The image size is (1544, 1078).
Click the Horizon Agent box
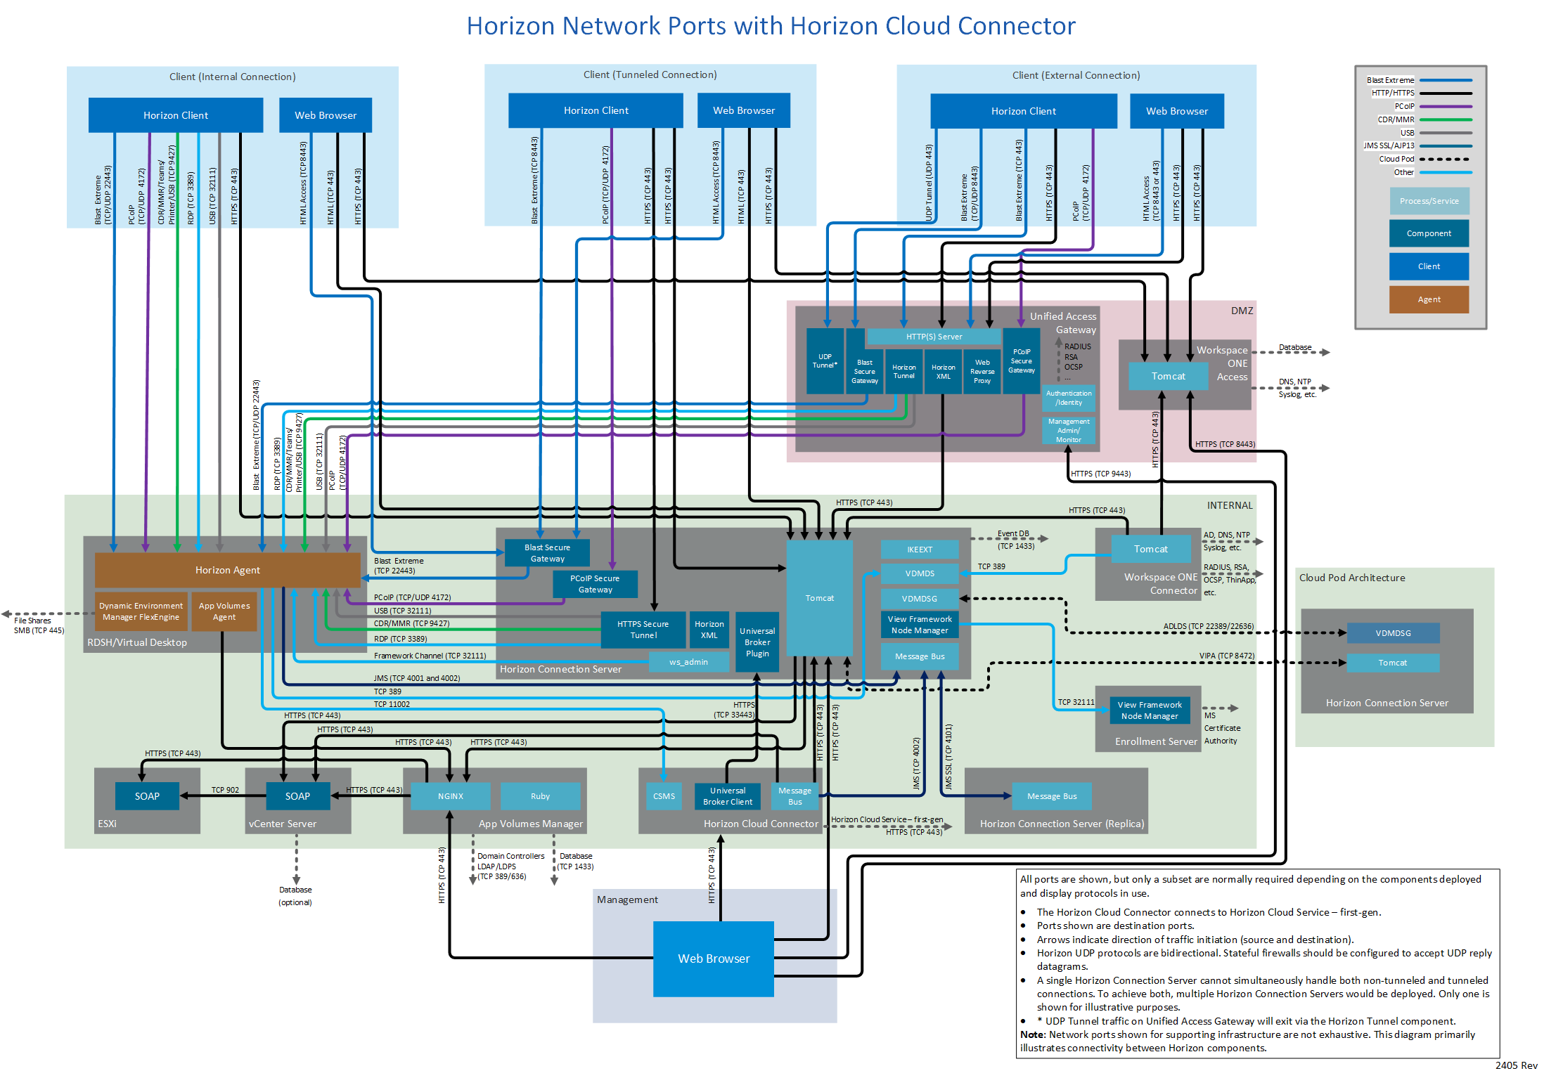[227, 570]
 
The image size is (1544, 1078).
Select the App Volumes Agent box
[224, 611]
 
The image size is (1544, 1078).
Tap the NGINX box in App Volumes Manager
[450, 796]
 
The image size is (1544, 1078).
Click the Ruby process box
[540, 796]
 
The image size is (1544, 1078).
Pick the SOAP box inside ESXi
[147, 796]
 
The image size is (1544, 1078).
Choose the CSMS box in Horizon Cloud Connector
[664, 796]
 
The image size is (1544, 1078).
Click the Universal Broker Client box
[727, 796]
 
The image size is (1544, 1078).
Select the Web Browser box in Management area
[713, 959]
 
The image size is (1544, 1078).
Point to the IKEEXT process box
[919, 550]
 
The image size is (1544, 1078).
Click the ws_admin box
[688, 662]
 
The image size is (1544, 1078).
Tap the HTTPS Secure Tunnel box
[643, 630]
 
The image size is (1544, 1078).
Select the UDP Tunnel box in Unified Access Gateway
[825, 361]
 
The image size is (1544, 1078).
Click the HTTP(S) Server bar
[934, 337]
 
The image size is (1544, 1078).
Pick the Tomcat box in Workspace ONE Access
[1168, 376]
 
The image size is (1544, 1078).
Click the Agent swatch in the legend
[1429, 299]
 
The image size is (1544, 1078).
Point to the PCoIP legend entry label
[1404, 106]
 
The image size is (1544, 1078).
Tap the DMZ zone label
[1242, 311]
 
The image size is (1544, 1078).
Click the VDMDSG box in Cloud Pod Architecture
[1393, 633]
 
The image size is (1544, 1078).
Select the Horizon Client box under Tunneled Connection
[596, 110]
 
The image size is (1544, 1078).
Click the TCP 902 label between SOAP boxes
[225, 790]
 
